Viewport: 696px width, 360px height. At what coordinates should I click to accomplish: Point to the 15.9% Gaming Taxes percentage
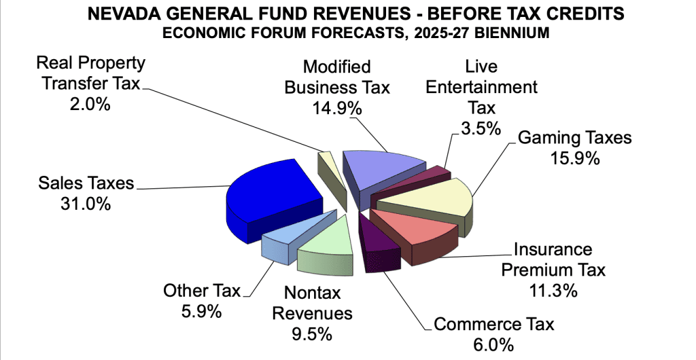point(574,159)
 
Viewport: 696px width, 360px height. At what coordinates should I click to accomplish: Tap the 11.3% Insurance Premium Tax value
point(551,291)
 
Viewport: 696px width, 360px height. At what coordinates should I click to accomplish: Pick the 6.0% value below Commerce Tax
point(493,345)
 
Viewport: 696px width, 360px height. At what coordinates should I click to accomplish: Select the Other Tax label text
point(201,291)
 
